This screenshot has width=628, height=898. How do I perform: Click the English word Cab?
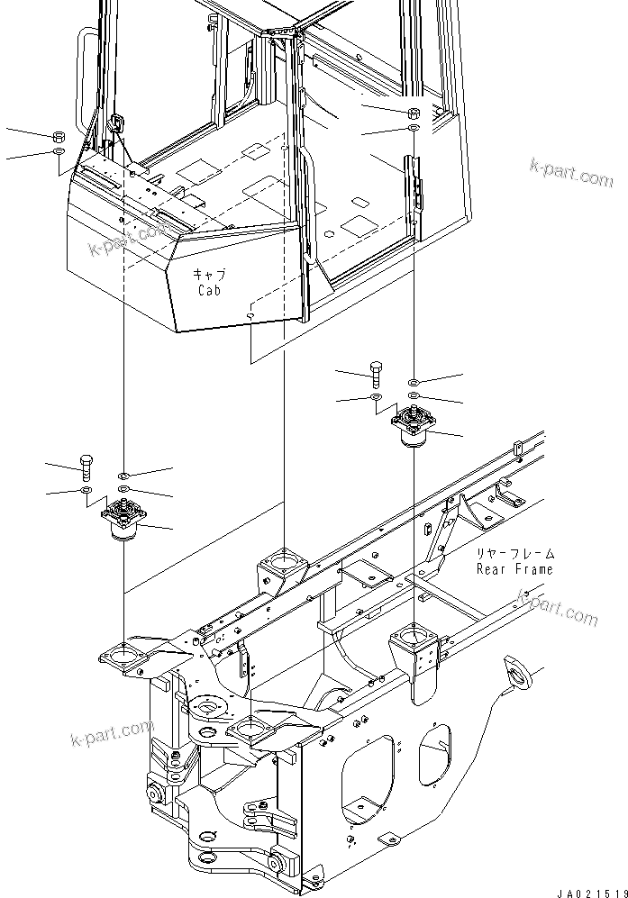pyautogui.click(x=209, y=291)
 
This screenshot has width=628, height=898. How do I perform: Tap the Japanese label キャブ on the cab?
pyautogui.click(x=209, y=275)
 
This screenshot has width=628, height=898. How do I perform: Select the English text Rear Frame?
pyautogui.click(x=515, y=569)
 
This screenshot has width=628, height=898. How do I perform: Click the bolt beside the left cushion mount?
pyautogui.click(x=86, y=467)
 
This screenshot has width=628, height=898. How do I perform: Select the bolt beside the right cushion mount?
pyautogui.click(x=376, y=371)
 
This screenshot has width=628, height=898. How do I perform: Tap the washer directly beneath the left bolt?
pyautogui.click(x=86, y=490)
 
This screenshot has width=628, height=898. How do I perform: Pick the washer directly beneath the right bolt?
pyautogui.click(x=376, y=396)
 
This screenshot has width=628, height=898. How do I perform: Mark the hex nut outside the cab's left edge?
pyautogui.click(x=56, y=137)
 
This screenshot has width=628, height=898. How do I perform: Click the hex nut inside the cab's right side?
pyautogui.click(x=412, y=113)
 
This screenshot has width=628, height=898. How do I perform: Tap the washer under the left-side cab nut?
pyautogui.click(x=56, y=153)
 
